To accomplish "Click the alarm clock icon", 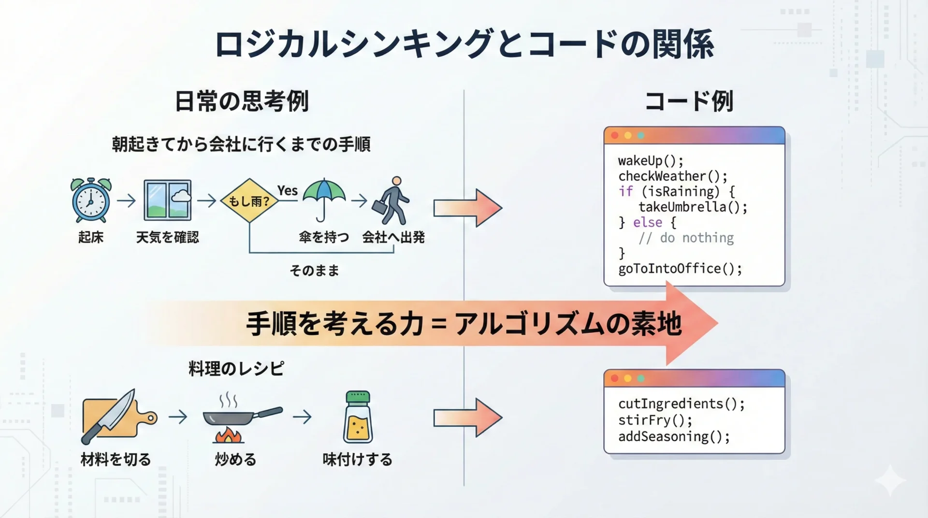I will (x=91, y=201).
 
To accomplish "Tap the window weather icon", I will (x=167, y=200).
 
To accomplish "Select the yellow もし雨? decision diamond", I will (x=249, y=201).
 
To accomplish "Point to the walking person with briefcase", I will (x=391, y=201).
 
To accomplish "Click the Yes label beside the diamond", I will (x=287, y=190).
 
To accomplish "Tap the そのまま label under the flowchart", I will (x=314, y=271).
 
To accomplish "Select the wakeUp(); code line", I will (x=651, y=160).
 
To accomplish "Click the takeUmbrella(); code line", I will (x=693, y=207).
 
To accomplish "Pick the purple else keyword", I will (x=647, y=222).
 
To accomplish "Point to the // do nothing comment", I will (x=686, y=238).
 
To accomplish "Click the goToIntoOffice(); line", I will (x=680, y=269).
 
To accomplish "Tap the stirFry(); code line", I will (x=655, y=420).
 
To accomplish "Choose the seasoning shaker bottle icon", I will (x=358, y=417).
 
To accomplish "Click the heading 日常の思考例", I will (x=241, y=101).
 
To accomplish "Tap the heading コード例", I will (x=689, y=101).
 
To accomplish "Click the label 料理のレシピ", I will (x=236, y=369).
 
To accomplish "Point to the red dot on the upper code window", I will (x=615, y=135).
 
